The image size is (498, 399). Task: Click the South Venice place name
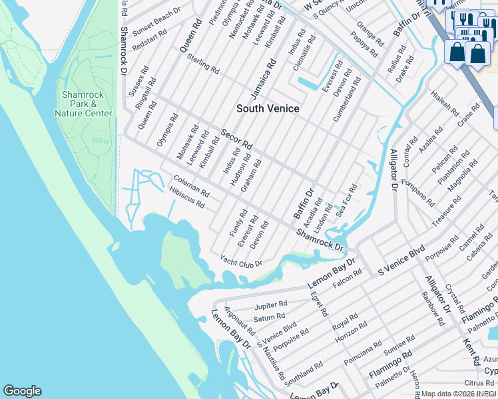point(268,108)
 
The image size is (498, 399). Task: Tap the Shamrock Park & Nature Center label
point(84,104)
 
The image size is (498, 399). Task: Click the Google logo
point(22,391)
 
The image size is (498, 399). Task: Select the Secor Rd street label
point(237,139)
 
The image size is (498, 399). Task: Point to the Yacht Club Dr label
point(241,263)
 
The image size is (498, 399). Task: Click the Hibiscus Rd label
point(187,198)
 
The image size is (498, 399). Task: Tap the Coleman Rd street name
point(192,186)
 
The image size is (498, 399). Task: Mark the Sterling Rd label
point(204,65)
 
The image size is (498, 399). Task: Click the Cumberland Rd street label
point(347,98)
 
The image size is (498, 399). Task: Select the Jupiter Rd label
point(270,306)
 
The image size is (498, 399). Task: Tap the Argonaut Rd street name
point(240,321)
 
